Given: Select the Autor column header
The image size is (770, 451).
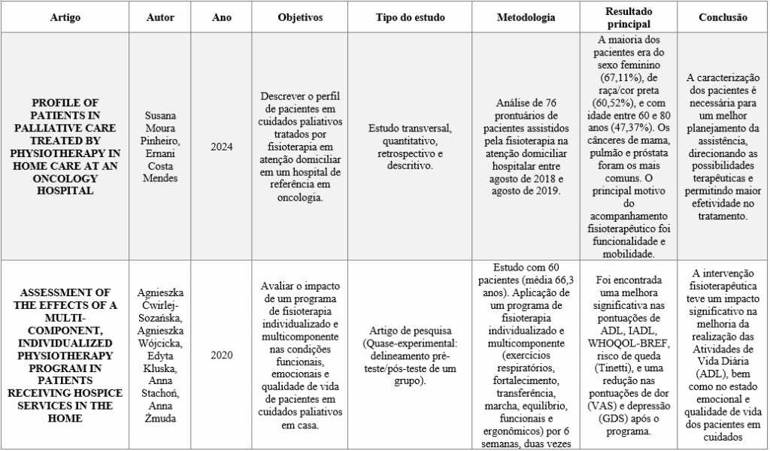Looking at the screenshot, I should (x=160, y=17).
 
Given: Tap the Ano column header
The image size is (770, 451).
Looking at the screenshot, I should (x=222, y=17).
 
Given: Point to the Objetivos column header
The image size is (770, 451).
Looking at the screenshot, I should (x=300, y=17).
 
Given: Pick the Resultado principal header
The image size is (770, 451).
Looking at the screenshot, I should (x=631, y=17).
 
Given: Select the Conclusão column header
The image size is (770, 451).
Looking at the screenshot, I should (x=723, y=17).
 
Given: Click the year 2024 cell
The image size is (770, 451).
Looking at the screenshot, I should (x=222, y=147).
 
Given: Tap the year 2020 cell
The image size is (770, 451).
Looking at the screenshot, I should (x=222, y=355).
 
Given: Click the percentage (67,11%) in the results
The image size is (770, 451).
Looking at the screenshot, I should (x=611, y=77).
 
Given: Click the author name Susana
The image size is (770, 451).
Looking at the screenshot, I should (x=159, y=118).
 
